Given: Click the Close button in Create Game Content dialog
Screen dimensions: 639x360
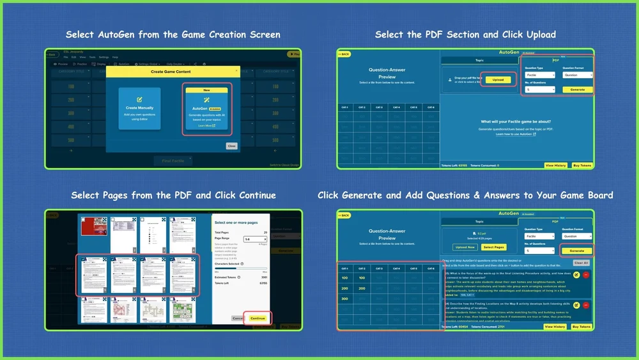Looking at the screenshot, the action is (231, 146).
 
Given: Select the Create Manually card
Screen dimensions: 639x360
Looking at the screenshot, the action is (139, 108).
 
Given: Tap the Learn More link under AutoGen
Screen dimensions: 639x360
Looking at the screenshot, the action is (206, 126).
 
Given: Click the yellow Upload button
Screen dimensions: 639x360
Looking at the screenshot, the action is (498, 80).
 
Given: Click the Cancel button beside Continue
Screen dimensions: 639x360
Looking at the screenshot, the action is (237, 318).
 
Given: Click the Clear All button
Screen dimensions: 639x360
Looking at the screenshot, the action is (580, 263).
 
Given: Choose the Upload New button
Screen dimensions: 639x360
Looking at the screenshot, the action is (465, 247).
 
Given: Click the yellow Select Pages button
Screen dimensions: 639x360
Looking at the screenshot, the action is (493, 247).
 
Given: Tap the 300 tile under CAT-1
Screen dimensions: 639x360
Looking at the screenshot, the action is (344, 299).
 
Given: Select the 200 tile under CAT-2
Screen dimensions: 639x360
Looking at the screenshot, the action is (362, 288).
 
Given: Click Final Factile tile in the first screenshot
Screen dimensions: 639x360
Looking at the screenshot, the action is (174, 160).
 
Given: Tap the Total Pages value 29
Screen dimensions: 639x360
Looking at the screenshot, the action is (265, 232).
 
